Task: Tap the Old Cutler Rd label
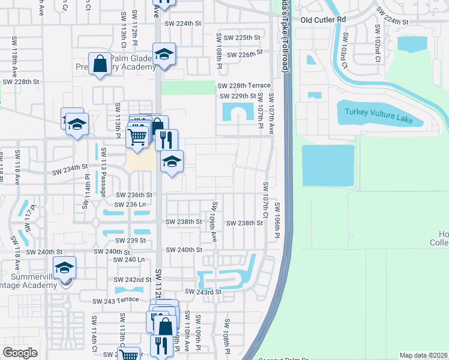pos(324,19)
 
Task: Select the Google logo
pos(20,353)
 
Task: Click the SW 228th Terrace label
pos(244,86)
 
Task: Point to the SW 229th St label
pos(238,96)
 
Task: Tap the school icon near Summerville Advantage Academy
pos(65,268)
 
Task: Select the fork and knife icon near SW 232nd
pos(166,140)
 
